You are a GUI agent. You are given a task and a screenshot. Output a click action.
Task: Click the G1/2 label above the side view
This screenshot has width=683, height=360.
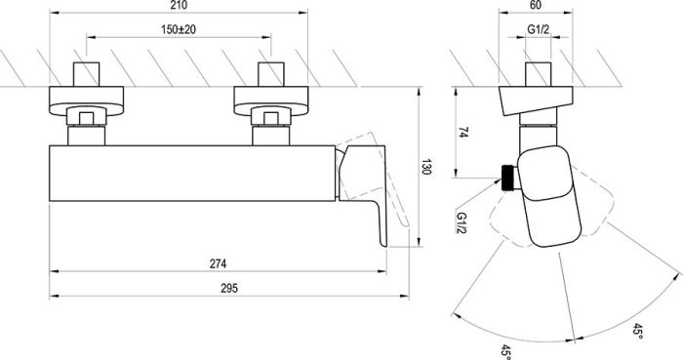pyautogui.click(x=539, y=31)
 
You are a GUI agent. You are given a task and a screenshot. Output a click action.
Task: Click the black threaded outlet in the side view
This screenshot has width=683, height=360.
pyautogui.click(x=507, y=175)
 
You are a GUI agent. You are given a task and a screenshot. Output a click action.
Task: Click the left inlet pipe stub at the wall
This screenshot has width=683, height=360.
pyautogui.click(x=86, y=75)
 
